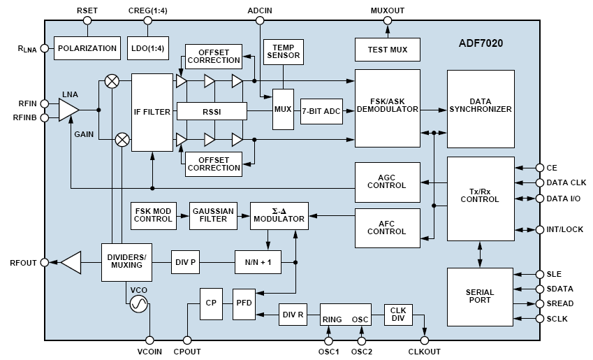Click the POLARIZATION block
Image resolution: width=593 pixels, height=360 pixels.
point(87,48)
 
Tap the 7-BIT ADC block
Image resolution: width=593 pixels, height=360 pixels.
point(321,110)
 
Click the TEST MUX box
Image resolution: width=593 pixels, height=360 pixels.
point(387,50)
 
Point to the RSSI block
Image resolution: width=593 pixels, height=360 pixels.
point(212,110)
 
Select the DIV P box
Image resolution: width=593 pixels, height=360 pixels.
point(185,262)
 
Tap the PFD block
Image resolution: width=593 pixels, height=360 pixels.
point(244,304)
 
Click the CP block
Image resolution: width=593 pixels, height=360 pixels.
point(211,304)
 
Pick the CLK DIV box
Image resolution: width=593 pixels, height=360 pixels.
point(399,315)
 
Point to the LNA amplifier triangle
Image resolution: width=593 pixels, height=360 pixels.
point(68,110)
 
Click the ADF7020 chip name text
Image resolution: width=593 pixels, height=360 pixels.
point(481,43)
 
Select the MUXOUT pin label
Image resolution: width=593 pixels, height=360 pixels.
point(387,10)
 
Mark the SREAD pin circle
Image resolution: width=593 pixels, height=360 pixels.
point(539,303)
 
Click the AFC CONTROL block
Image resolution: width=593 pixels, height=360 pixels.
point(387,227)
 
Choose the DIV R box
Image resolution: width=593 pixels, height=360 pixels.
point(293,315)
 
